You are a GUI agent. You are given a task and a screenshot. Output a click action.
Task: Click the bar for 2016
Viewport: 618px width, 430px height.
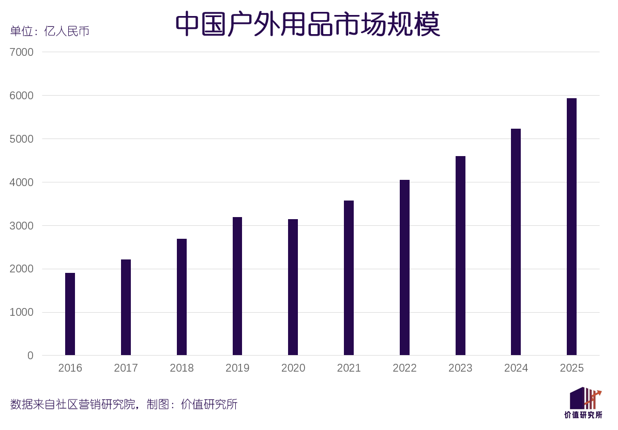70,314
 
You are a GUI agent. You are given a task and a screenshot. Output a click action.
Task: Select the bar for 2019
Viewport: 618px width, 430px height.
237,286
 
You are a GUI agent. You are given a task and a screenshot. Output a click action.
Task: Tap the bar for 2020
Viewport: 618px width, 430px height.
293,287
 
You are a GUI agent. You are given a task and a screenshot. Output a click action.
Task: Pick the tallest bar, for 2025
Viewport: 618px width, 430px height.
571,227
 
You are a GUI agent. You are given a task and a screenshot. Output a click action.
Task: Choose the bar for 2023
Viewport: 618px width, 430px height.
460,256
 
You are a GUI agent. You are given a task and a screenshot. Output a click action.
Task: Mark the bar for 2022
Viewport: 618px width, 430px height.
404,268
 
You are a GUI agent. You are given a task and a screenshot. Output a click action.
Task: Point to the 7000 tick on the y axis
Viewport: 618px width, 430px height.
21,52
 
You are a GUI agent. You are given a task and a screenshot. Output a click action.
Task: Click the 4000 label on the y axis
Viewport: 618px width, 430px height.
21,182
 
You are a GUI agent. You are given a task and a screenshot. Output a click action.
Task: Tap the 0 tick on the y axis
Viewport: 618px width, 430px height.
31,356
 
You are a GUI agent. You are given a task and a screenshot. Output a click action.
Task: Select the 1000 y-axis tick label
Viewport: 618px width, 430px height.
21,312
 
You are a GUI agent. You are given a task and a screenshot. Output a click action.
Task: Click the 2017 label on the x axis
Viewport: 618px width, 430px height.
126,368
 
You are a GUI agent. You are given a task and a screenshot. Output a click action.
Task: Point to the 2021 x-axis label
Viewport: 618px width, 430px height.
349,368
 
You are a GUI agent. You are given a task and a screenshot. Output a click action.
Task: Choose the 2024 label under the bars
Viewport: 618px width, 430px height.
516,368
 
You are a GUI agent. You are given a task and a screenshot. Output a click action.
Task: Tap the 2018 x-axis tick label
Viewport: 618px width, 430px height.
182,368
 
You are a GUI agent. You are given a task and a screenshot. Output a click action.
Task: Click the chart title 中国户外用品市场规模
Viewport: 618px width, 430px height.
308,24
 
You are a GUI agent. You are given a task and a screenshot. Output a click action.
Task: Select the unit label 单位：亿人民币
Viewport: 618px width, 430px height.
50,31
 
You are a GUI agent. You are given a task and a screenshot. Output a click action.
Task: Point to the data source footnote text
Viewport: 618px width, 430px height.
124,404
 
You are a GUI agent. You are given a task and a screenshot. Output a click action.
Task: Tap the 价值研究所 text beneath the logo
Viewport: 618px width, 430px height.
583,415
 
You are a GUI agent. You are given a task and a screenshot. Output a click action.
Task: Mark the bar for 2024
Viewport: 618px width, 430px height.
516,242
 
